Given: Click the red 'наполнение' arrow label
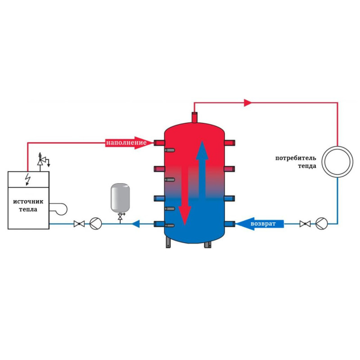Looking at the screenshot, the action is pos(129,143).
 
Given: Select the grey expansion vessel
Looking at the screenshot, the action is pos(120,198).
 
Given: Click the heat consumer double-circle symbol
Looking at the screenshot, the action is pos(337,162).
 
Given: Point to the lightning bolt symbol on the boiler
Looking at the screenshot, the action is pos(28,179).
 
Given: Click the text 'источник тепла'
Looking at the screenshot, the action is pos(28,206).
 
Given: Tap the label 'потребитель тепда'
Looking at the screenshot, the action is pos(296,162).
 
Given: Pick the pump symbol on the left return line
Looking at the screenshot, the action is pos(95,224).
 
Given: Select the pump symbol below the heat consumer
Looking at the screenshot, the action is pos(322,224).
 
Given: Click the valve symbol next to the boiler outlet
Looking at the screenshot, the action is pos(79,224).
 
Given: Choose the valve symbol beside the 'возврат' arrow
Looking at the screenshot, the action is pos(305,224).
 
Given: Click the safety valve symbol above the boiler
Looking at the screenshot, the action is pos(43,160).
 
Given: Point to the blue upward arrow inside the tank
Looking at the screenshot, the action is pos(202,170).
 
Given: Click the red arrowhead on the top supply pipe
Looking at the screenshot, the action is pos(248,103).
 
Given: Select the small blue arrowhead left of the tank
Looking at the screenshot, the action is pos(136,224).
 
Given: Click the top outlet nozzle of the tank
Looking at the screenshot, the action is pos(194,117).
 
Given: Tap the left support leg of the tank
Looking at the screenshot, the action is pos(168,243).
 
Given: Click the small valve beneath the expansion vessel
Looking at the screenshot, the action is pos(120,217).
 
